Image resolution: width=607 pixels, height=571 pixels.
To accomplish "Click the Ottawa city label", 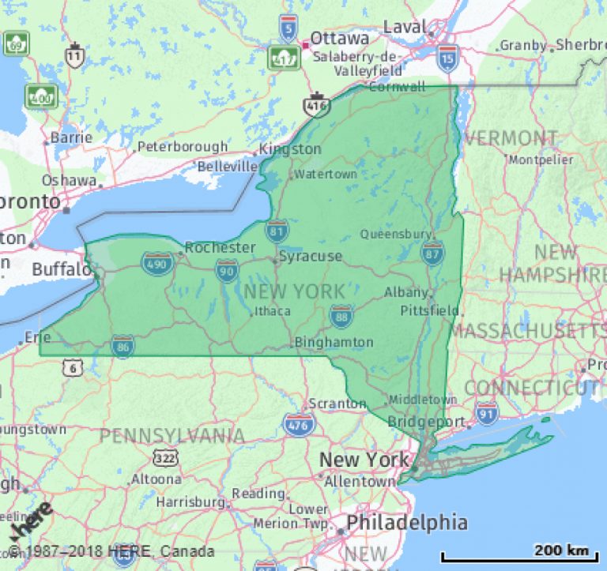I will pos(339,38).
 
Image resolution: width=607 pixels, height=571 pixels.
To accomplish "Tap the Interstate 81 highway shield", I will pos(276,231).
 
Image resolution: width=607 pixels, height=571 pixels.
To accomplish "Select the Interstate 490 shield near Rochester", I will pos(158,264).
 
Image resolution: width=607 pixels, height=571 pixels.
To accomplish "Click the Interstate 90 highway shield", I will pos(227,270).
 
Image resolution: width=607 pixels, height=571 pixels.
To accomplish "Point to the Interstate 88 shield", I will pos(341,316).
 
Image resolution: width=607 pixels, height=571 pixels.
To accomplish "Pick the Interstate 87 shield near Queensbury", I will pos(432,253).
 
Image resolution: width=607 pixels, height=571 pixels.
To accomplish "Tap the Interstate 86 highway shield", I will pos(122,346).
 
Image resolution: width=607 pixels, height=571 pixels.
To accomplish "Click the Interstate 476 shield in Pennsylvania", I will pos(299,424).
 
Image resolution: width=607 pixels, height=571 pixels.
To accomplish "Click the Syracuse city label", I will pos(311,256).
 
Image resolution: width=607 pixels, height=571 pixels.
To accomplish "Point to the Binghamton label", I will pos(334,342).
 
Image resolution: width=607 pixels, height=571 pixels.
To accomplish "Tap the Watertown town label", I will pos(326,174).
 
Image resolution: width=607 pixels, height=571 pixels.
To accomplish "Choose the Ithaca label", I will pos(272,311).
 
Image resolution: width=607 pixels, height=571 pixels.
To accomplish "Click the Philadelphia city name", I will pos(406,522).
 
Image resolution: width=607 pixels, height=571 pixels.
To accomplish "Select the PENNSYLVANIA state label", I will pos(172,435).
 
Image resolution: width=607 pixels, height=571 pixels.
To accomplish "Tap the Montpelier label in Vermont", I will pos(541,160).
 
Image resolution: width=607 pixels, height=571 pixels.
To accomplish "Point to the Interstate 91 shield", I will pos(487,411).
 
